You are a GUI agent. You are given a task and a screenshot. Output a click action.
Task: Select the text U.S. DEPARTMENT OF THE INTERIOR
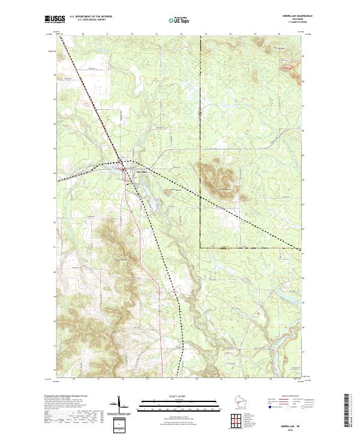pos(91,16)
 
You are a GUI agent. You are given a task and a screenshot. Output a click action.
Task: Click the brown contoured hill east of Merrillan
pos(217,176)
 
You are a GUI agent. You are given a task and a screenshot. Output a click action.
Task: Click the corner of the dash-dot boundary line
pos(200,247)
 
